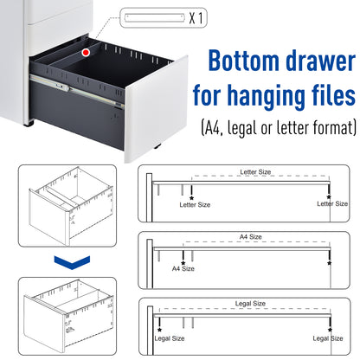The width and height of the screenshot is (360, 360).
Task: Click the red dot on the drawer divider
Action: tap(85, 54)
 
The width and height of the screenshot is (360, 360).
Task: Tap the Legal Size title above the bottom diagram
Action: tap(252, 303)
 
